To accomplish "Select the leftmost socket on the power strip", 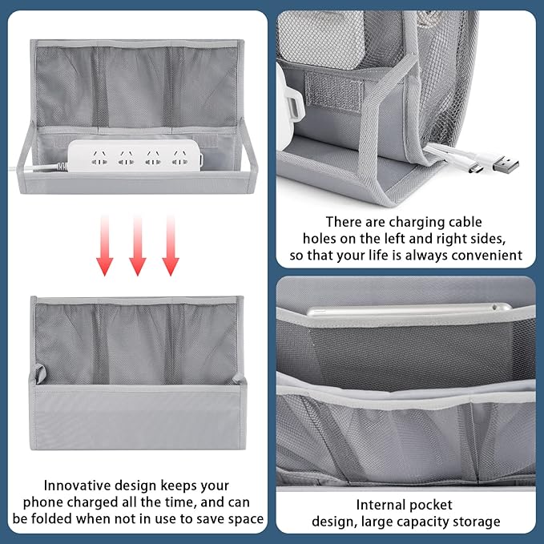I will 98,159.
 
